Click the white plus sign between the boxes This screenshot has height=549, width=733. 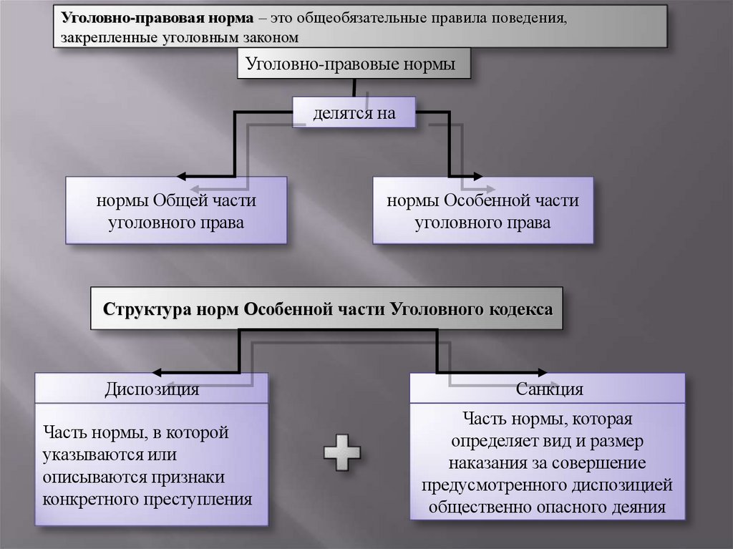coord(342,452)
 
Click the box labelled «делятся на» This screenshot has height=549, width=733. coord(354,113)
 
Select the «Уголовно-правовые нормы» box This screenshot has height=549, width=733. coord(355,64)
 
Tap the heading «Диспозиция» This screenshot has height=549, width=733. coord(152,390)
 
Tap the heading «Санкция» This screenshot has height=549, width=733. coord(548,390)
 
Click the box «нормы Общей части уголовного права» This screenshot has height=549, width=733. coord(176,211)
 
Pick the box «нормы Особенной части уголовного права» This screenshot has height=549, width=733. coord(483,211)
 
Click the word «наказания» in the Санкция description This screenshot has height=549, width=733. coord(490,462)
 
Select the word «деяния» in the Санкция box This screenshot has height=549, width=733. coord(638,508)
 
